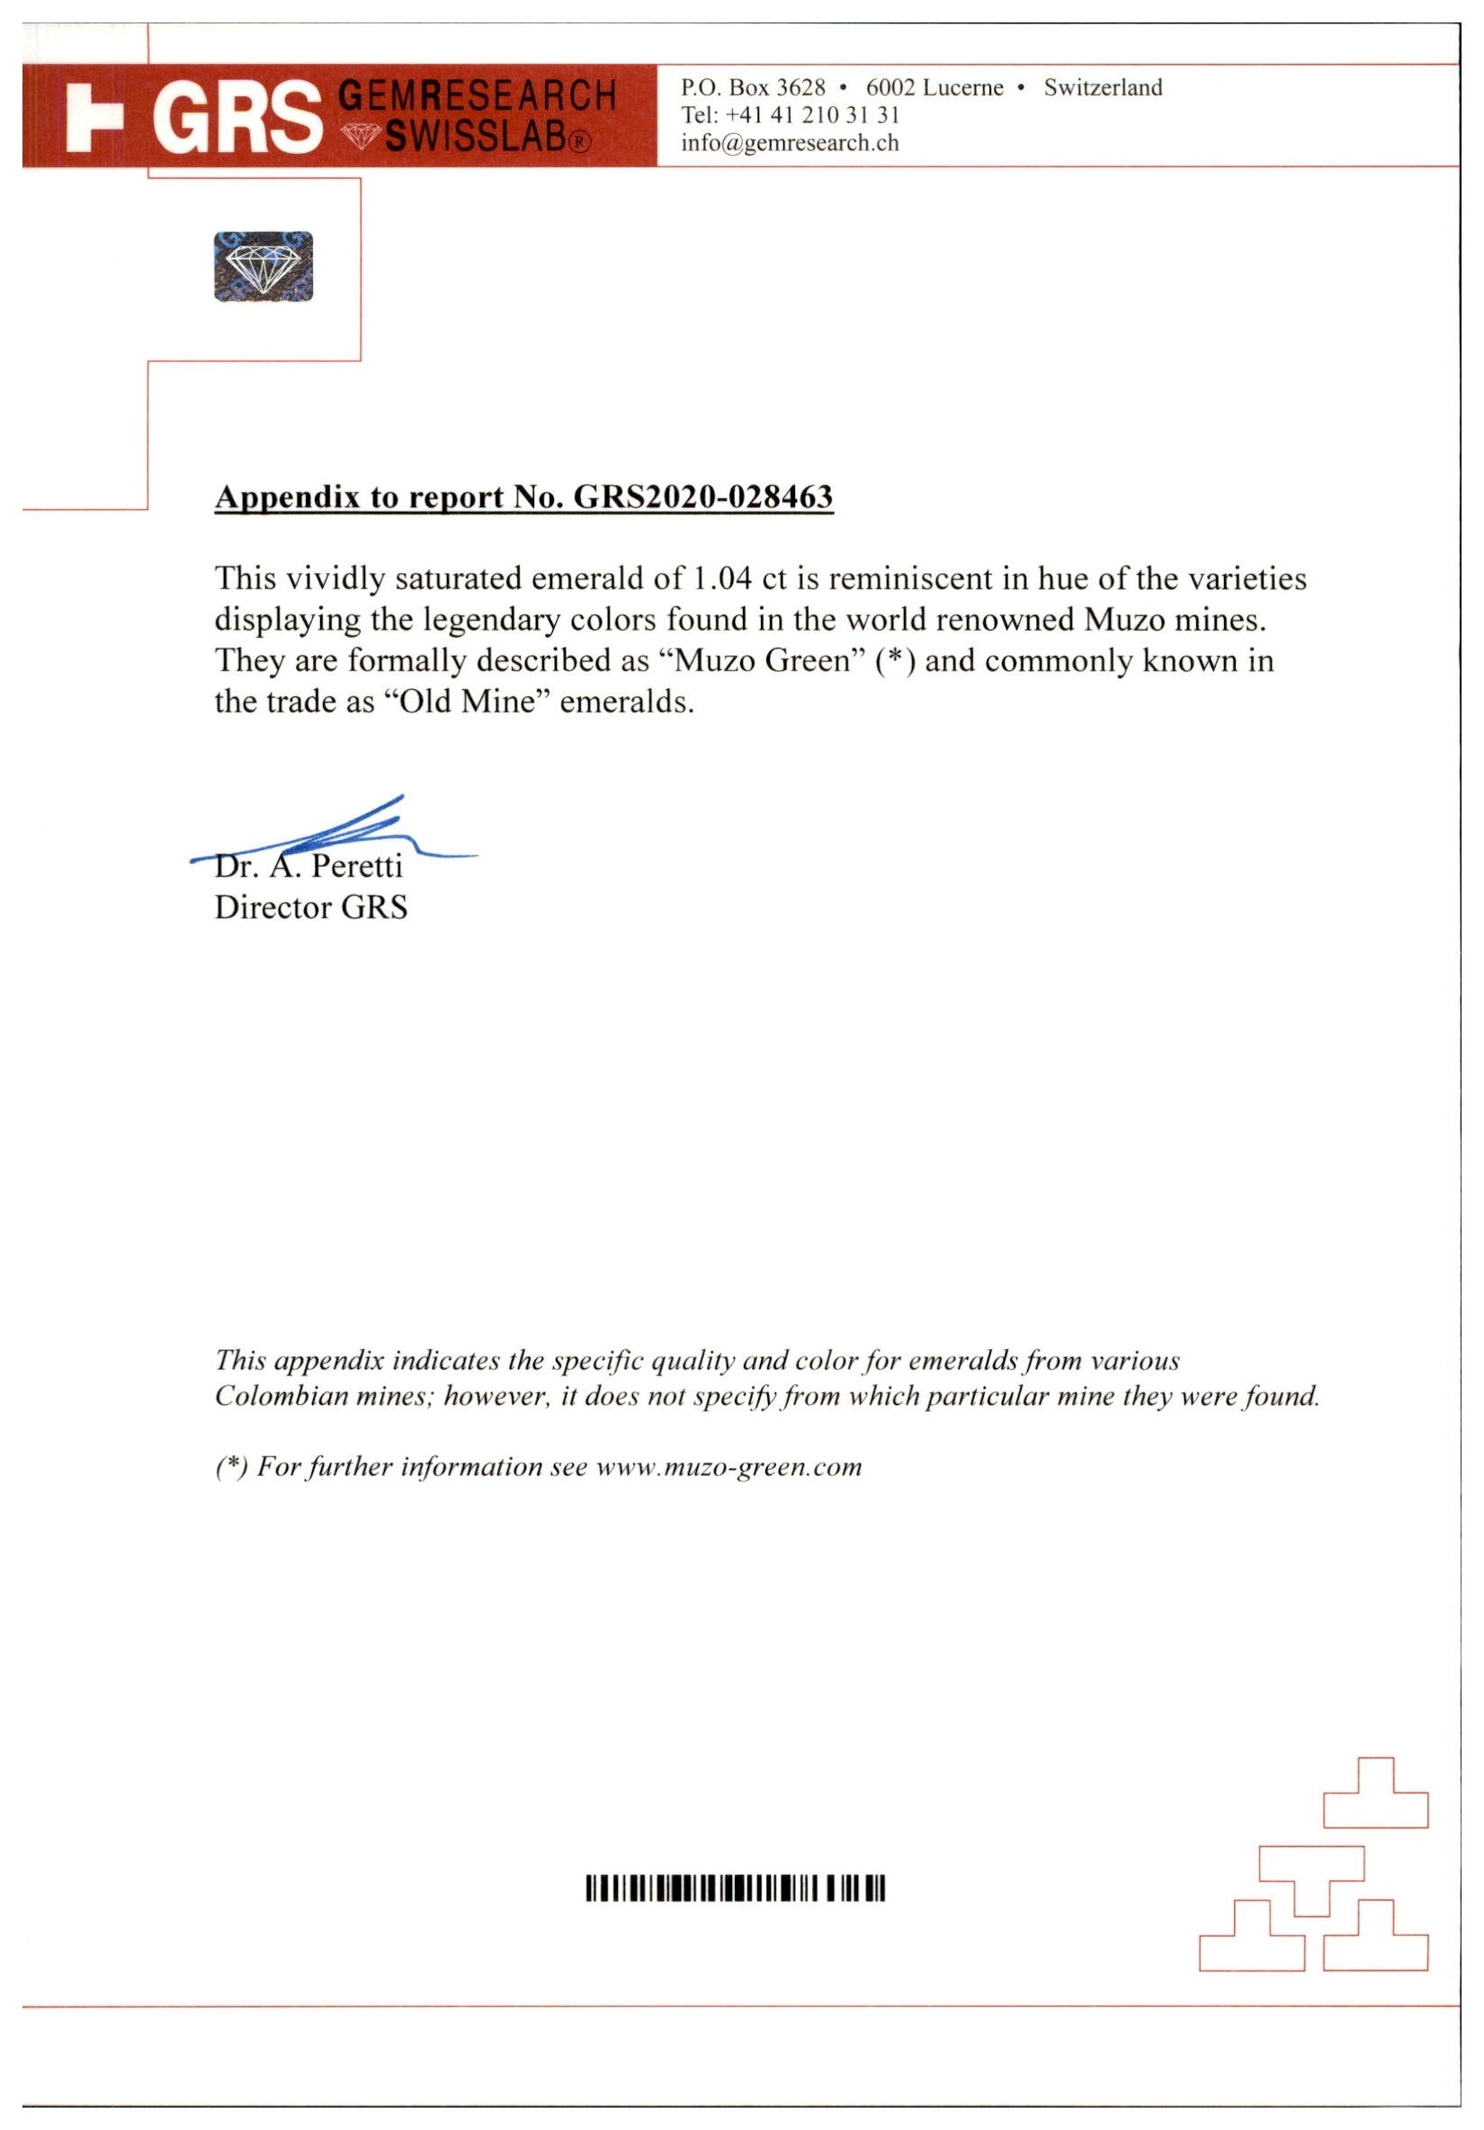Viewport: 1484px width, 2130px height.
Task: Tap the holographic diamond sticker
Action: pos(263,266)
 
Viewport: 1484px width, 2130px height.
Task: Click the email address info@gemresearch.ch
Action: pos(790,143)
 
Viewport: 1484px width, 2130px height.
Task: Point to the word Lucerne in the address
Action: pos(961,87)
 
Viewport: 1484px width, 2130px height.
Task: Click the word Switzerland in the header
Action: pos(1102,87)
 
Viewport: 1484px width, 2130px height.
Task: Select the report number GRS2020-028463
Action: pos(702,497)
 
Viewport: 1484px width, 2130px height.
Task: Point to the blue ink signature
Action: pos(344,830)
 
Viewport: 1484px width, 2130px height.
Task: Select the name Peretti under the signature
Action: pos(357,865)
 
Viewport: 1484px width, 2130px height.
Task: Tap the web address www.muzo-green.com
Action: pos(729,1467)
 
